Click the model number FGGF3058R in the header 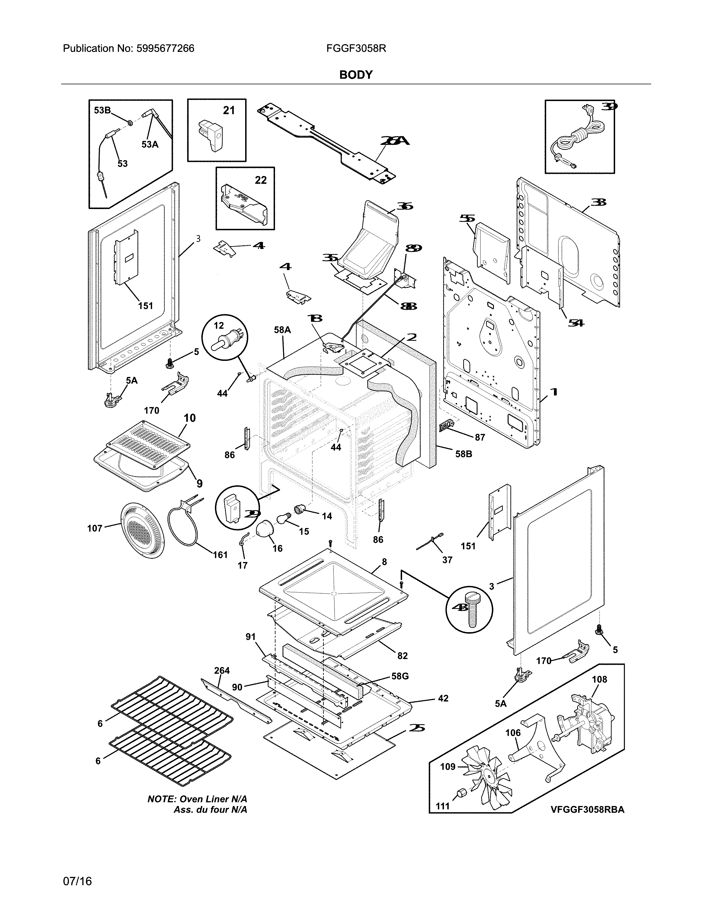tap(356, 49)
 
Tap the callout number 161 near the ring tap(220, 555)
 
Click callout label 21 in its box tap(229, 111)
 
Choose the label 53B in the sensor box tap(102, 111)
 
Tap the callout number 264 tap(222, 670)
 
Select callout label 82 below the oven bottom tap(402, 656)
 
